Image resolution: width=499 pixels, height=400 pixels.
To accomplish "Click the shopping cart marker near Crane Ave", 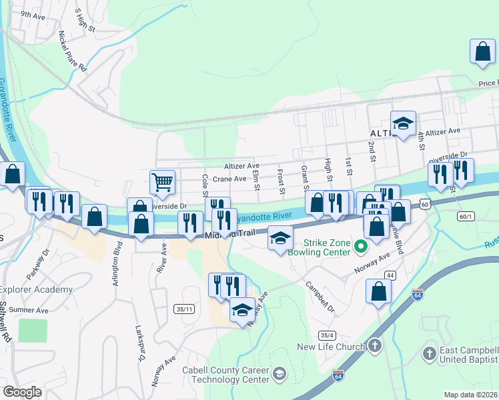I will click(x=163, y=182).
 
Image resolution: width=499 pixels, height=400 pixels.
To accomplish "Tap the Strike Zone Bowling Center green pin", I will click(x=361, y=247).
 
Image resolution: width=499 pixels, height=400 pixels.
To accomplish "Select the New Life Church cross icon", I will click(x=376, y=346).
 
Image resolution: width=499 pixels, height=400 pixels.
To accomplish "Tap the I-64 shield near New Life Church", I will click(x=338, y=377).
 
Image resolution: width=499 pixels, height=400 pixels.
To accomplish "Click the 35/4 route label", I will click(x=326, y=335).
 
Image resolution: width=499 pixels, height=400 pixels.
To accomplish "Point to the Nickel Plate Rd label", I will click(x=73, y=51).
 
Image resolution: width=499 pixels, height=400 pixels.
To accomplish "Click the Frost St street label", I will click(x=281, y=182).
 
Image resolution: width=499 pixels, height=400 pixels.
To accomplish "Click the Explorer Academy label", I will click(x=35, y=289).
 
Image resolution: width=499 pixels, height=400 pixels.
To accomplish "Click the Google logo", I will click(x=22, y=392).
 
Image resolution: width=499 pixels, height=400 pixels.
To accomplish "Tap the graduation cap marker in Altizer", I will click(x=403, y=124).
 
